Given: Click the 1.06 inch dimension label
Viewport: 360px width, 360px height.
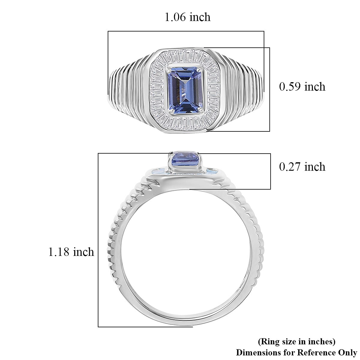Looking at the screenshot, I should [187, 17].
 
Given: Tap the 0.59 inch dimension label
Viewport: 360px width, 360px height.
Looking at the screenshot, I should [302, 87].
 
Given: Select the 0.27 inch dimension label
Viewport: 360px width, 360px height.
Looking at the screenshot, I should [302, 166].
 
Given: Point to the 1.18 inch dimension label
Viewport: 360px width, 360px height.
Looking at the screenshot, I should [71, 252].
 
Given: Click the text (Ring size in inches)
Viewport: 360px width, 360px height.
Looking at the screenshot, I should [296, 341].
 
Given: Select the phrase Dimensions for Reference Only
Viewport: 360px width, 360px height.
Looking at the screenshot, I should [296, 352].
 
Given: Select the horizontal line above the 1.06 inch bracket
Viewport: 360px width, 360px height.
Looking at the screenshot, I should [186, 31].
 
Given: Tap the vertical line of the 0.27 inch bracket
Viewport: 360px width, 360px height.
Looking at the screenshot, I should [270, 171].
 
